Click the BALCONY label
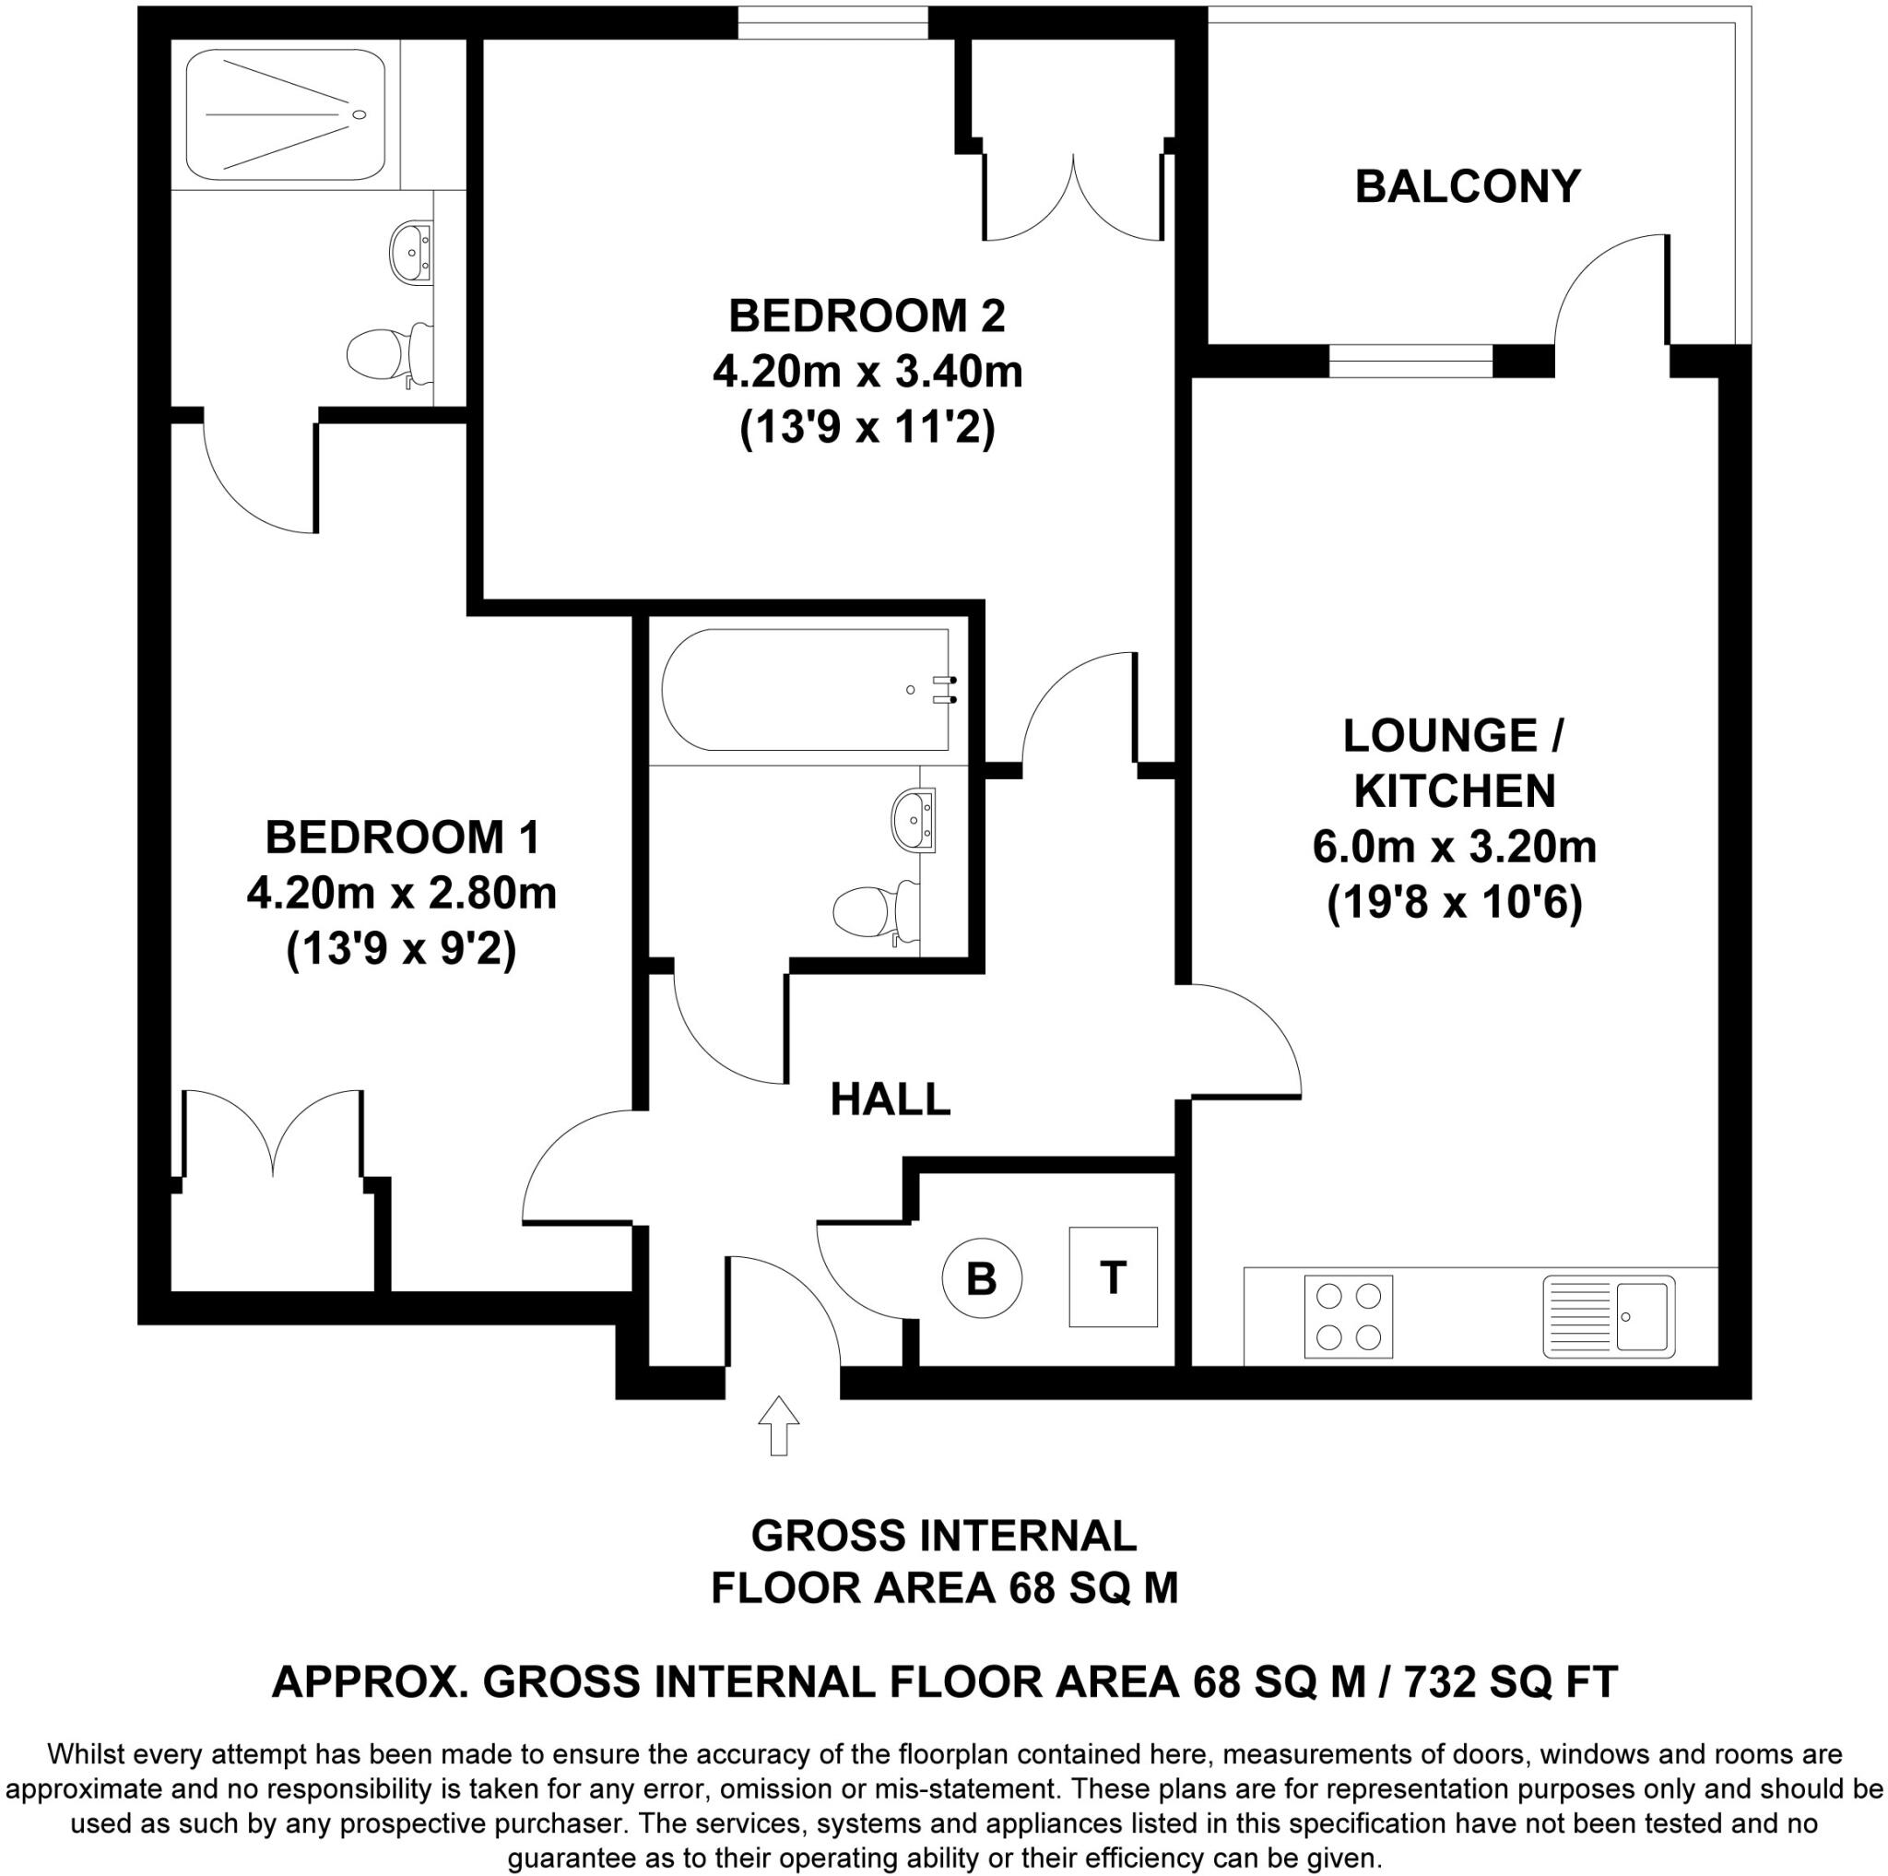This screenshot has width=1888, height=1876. coord(1467,186)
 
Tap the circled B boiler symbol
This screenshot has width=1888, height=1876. coord(981,1278)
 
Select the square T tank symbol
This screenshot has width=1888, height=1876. coord(1112,1276)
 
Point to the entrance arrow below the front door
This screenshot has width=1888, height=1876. coord(779,1425)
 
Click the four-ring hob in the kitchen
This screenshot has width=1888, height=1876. coord(1348,1316)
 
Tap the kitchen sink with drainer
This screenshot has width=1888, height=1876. coord(1608,1316)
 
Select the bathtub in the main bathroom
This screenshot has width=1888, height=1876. coord(804,689)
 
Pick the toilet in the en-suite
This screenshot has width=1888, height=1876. coord(391,353)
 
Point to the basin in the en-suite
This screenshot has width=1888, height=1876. coord(410,252)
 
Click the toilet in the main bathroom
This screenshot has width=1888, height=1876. coord(876,910)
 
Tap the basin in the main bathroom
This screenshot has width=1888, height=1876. coord(913,818)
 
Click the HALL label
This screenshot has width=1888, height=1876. coord(890,1098)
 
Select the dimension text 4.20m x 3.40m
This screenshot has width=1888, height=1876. coord(867,373)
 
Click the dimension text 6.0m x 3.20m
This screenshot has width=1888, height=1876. coord(1454,847)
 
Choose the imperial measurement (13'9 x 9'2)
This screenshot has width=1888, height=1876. coord(401,949)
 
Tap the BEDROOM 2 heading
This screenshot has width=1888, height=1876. coord(867,315)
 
